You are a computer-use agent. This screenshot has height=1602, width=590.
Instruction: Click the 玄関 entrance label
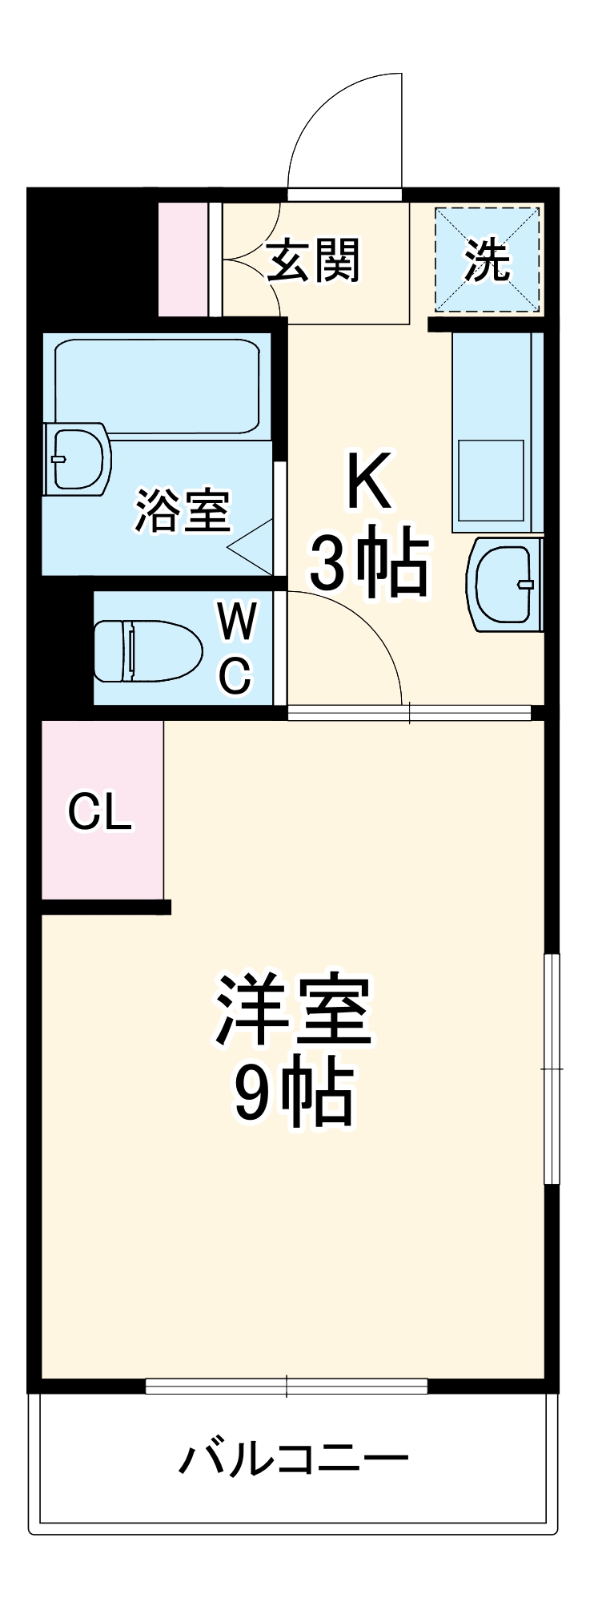[313, 260]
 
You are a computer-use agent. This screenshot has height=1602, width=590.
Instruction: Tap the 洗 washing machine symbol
[488, 260]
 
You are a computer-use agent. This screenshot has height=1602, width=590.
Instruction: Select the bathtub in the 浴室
[157, 387]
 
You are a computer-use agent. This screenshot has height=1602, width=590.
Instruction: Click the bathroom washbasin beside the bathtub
[77, 459]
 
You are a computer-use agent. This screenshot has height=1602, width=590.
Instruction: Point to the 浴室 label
[183, 510]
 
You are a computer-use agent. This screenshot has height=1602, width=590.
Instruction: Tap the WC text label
[237, 648]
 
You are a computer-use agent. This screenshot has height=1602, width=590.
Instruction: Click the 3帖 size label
[368, 565]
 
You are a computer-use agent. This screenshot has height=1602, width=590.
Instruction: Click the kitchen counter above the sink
[492, 433]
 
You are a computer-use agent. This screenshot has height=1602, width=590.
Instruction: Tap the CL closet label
[99, 812]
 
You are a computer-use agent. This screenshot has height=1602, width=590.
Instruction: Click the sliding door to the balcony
[287, 1386]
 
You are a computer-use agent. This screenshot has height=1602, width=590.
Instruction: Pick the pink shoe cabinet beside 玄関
[183, 260]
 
